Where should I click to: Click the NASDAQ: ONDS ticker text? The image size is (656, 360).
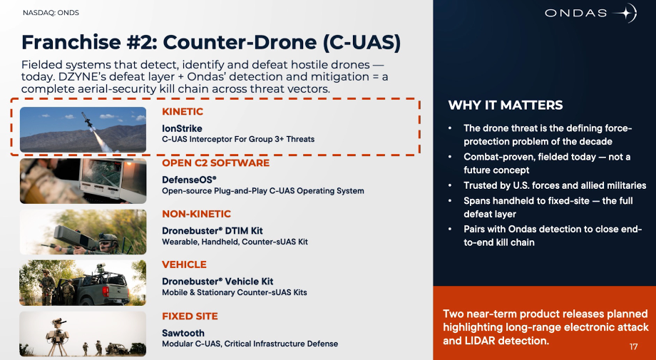[x=51, y=13]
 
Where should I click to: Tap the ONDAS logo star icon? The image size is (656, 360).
[x=625, y=13]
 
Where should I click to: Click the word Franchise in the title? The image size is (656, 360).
[x=71, y=43]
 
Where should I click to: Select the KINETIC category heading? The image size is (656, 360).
[x=183, y=112]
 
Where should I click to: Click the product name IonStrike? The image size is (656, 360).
[x=182, y=128]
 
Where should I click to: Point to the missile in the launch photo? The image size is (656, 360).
[x=87, y=120]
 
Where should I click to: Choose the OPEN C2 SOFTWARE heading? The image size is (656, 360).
[x=216, y=163]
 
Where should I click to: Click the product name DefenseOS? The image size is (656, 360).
[x=189, y=180]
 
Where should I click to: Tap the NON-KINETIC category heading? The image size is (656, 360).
[x=197, y=214]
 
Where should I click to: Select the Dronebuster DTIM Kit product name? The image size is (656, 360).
[x=212, y=231]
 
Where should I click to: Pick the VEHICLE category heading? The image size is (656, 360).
[x=184, y=264]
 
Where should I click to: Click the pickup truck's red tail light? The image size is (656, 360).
[x=106, y=292]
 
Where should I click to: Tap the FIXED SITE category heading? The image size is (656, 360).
[x=190, y=316]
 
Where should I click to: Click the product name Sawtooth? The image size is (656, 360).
[x=183, y=333]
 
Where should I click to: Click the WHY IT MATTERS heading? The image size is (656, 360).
[x=506, y=105]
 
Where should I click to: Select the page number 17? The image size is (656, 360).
[x=633, y=346]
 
